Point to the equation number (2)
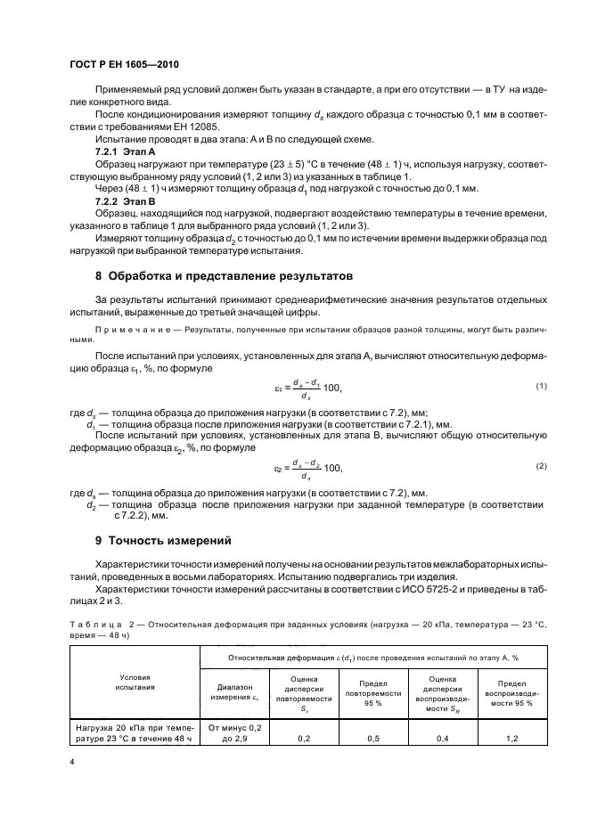(540, 466)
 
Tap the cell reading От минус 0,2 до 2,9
(234, 732)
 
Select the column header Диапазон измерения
(234, 692)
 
